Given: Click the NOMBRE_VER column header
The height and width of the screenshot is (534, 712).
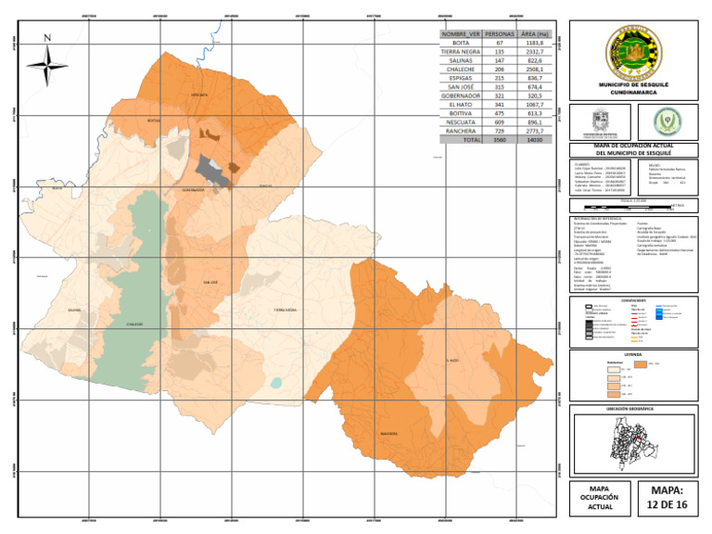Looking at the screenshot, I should (x=461, y=34).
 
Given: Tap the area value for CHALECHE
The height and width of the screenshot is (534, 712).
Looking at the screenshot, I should (x=535, y=70).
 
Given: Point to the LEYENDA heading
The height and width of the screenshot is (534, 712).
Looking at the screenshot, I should (x=633, y=353).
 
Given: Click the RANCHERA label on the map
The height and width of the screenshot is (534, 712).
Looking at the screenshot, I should (x=388, y=433).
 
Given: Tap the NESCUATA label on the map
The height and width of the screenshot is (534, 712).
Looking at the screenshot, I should (x=198, y=95).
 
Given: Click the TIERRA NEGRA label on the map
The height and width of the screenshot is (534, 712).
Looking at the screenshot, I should (x=285, y=311).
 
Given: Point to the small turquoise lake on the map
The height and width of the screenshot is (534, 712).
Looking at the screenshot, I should (x=276, y=382).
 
